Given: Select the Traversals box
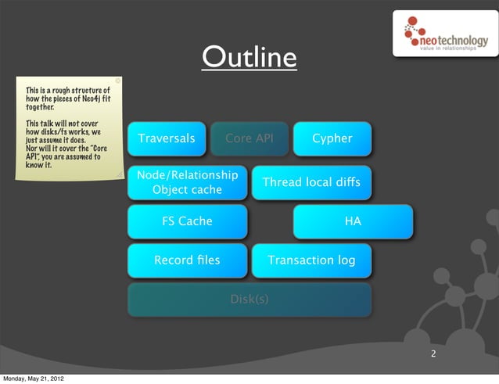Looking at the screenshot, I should coord(167,139).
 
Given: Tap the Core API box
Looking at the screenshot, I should coord(249,139).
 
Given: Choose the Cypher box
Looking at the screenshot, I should coord(332,139).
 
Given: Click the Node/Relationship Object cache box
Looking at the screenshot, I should coord(187,182).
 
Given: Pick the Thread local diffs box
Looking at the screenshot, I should coord(311,182).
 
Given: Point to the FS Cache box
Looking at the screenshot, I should coord(187,221).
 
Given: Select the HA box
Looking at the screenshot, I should coord(353,221).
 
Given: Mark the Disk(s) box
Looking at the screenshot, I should coord(249,299).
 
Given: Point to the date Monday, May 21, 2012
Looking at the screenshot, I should coord(33,379).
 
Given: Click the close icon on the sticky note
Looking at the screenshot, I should coord(117,79).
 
